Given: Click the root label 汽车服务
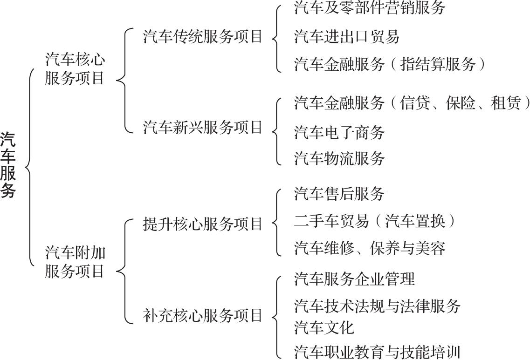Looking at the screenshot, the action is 8,165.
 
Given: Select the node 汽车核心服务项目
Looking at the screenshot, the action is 75,69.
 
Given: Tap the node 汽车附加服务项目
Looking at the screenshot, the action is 75,262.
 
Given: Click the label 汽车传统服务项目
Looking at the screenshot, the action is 202,36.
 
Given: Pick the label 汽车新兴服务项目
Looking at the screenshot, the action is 202,128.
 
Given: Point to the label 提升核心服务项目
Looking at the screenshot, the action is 202,224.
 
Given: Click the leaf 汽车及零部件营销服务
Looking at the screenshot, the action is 370,8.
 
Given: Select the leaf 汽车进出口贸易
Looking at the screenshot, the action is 347,36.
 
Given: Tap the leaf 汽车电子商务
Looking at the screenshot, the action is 339,132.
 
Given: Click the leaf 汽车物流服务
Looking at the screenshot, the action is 339,158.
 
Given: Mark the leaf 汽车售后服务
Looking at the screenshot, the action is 339,194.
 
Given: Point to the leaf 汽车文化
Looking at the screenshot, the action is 324,327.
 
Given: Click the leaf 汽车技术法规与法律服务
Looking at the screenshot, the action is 377,306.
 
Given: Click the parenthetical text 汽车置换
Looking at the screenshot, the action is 415,221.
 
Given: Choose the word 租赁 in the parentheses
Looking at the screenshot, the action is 506,103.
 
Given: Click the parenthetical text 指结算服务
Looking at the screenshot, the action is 438,64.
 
